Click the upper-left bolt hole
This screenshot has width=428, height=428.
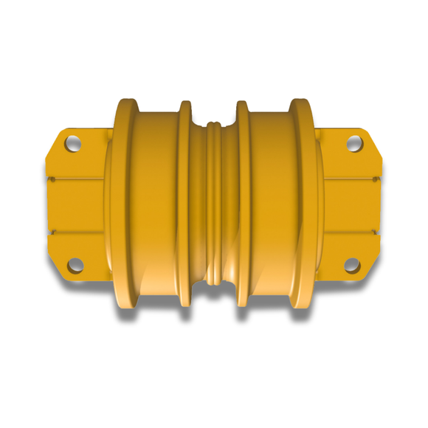tap(73, 142)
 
